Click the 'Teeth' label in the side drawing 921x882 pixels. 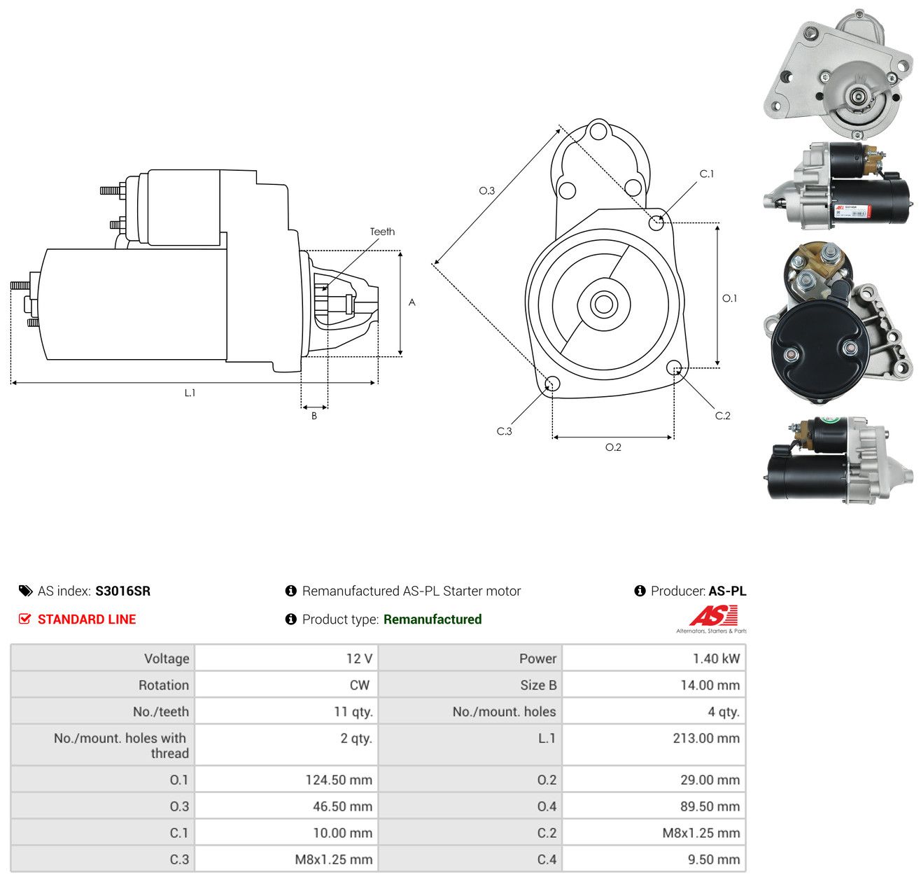pyautogui.click(x=382, y=232)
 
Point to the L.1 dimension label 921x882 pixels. pyautogui.click(x=190, y=393)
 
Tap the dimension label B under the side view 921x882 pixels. pyautogui.click(x=314, y=416)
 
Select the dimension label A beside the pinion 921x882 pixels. pyautogui.click(x=412, y=302)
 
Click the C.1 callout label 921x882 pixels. pyautogui.click(x=707, y=174)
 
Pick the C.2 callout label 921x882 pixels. pyautogui.click(x=722, y=416)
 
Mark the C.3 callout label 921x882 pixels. pyautogui.click(x=504, y=431)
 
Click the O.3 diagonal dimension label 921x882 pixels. pyautogui.click(x=486, y=191)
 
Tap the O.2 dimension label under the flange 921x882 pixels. pyautogui.click(x=613, y=447)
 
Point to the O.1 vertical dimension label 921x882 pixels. pyautogui.click(x=729, y=298)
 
